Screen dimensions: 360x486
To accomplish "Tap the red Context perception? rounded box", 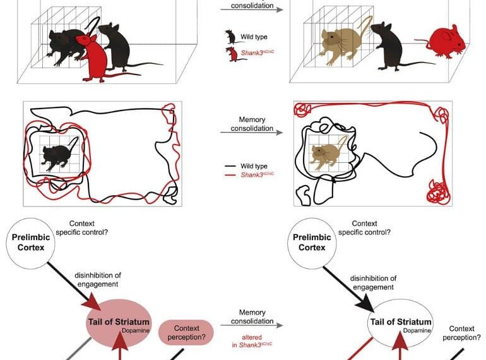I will pyautogui.click(x=186, y=333).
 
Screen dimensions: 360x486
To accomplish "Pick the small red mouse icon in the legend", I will pyautogui.click(x=232, y=54).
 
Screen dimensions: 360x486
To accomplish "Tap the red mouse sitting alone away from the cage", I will pyautogui.click(x=447, y=42).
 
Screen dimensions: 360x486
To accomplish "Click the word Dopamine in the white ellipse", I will pyautogui.click(x=418, y=331).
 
